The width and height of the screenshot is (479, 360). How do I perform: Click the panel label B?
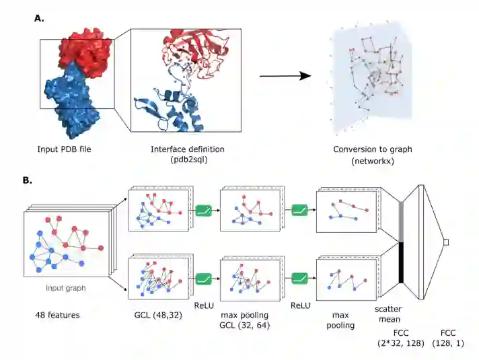[27, 180]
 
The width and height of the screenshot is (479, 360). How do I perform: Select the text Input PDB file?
[65, 149]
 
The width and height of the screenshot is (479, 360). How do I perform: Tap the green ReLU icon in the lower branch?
[204, 278]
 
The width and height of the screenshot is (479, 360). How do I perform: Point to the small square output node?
[445, 242]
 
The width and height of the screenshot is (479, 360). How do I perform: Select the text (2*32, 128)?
[402, 343]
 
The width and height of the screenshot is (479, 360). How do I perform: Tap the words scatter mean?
[389, 316]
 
